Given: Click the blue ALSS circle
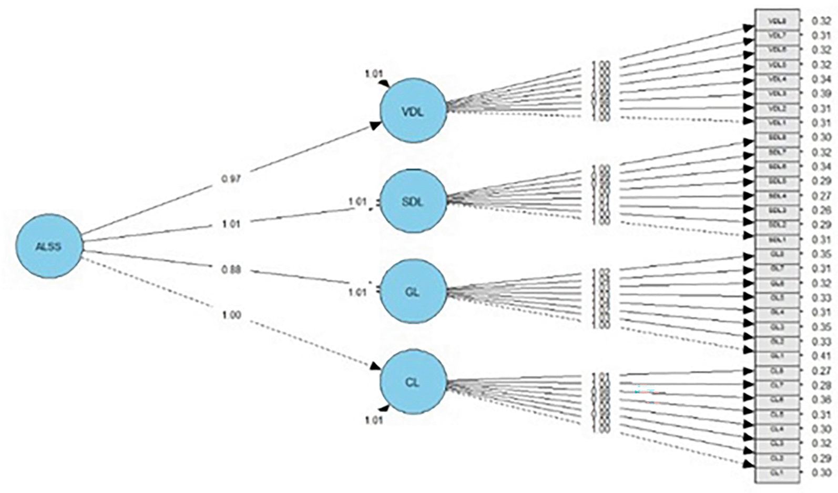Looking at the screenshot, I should coord(49,246).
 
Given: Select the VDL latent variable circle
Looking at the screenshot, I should coord(413,112).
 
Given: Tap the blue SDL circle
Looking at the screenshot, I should coord(413,202).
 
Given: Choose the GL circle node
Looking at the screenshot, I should coord(413,291).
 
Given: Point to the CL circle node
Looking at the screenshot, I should coord(413,383).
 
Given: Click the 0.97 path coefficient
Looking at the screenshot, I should coord(231,179).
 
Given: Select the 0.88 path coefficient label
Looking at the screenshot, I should coord(231,270).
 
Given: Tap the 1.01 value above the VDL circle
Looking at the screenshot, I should coord(374,74).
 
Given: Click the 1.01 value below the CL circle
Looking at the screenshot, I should coord(374,420).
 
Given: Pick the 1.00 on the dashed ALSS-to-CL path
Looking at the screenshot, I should coord(231,315).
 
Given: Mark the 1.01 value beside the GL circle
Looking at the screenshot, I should coord(357,292).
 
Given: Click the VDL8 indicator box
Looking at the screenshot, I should coord(777,22).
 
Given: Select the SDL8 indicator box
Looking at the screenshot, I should coord(777,137).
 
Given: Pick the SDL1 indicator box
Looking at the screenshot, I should coord(777,240).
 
